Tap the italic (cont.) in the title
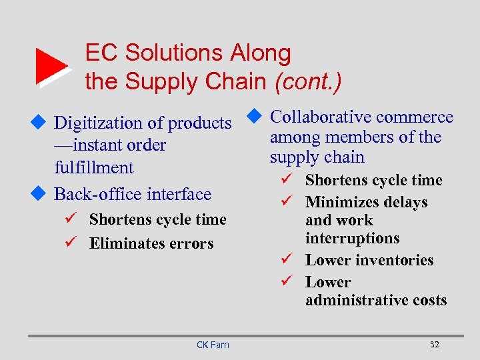click(x=307, y=81)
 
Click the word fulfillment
click(x=94, y=167)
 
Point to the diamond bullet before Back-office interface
click(x=39, y=193)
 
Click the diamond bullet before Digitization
click(x=39, y=123)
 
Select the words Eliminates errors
click(x=151, y=243)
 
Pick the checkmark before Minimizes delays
click(x=288, y=201)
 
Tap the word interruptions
click(x=351, y=238)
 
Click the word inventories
click(x=394, y=260)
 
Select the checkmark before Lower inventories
click(x=288, y=259)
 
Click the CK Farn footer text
click(x=213, y=345)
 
